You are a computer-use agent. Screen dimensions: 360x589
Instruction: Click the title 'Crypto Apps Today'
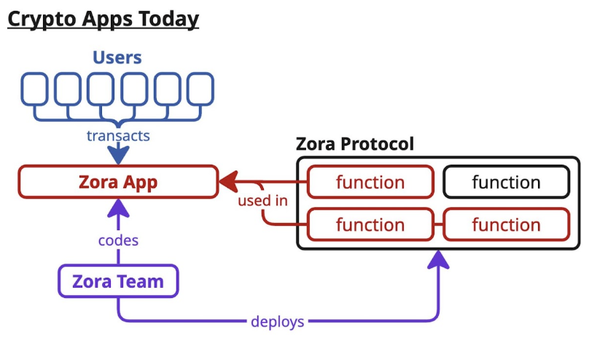point(103,18)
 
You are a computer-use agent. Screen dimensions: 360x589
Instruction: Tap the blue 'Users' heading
point(117,57)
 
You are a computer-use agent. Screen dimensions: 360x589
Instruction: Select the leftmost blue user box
point(35,90)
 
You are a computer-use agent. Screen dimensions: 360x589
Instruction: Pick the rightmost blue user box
point(200,90)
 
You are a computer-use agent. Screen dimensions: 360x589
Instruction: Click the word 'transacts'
point(118,136)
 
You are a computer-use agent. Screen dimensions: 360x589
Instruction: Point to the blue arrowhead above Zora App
point(118,154)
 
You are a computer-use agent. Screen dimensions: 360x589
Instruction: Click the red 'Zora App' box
point(118,181)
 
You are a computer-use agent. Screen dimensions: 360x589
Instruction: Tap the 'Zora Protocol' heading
point(354,144)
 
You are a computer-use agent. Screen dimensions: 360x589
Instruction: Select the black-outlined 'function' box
point(506,182)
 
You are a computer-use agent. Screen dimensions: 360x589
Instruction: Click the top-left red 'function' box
point(370,182)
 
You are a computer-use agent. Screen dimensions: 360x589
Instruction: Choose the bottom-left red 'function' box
point(370,224)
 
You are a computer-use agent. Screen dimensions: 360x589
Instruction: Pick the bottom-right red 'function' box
point(506,224)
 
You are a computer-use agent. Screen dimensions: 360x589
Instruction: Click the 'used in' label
point(262,200)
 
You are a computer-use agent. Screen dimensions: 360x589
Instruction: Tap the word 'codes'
point(118,239)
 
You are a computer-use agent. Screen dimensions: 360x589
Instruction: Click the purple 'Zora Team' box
point(118,281)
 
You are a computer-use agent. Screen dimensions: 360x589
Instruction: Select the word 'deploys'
point(277,321)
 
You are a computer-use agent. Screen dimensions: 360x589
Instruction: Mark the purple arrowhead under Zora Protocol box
point(438,259)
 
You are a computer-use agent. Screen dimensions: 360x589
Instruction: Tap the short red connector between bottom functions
point(438,224)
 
